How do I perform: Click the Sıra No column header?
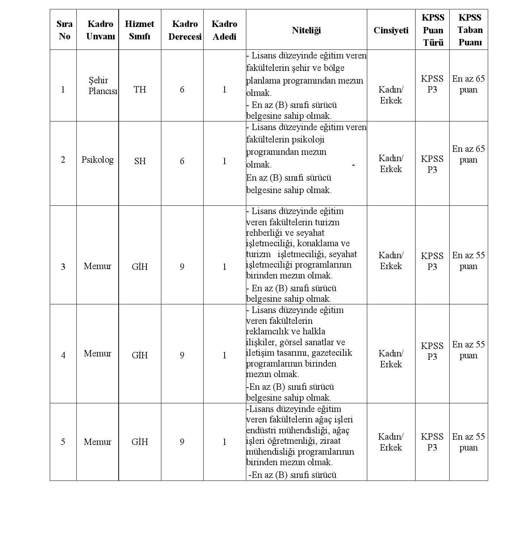(x=64, y=30)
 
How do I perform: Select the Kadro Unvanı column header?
(x=100, y=30)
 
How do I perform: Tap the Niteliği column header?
(x=306, y=30)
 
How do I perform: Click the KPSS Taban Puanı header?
(x=470, y=30)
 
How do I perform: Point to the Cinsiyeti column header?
(x=391, y=30)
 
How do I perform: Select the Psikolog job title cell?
(x=98, y=160)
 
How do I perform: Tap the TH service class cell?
(x=140, y=90)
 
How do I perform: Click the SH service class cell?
(x=140, y=161)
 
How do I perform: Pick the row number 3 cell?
(x=63, y=267)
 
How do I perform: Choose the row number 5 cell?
(x=63, y=442)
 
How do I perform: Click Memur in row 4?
(x=98, y=353)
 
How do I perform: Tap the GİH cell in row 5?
(x=140, y=442)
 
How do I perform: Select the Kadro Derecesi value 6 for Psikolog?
(x=182, y=161)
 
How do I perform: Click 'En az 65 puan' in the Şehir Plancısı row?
(x=468, y=84)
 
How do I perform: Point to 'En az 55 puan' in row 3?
(x=468, y=261)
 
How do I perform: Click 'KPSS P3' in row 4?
(x=432, y=351)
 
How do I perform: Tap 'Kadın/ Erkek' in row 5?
(x=391, y=442)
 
